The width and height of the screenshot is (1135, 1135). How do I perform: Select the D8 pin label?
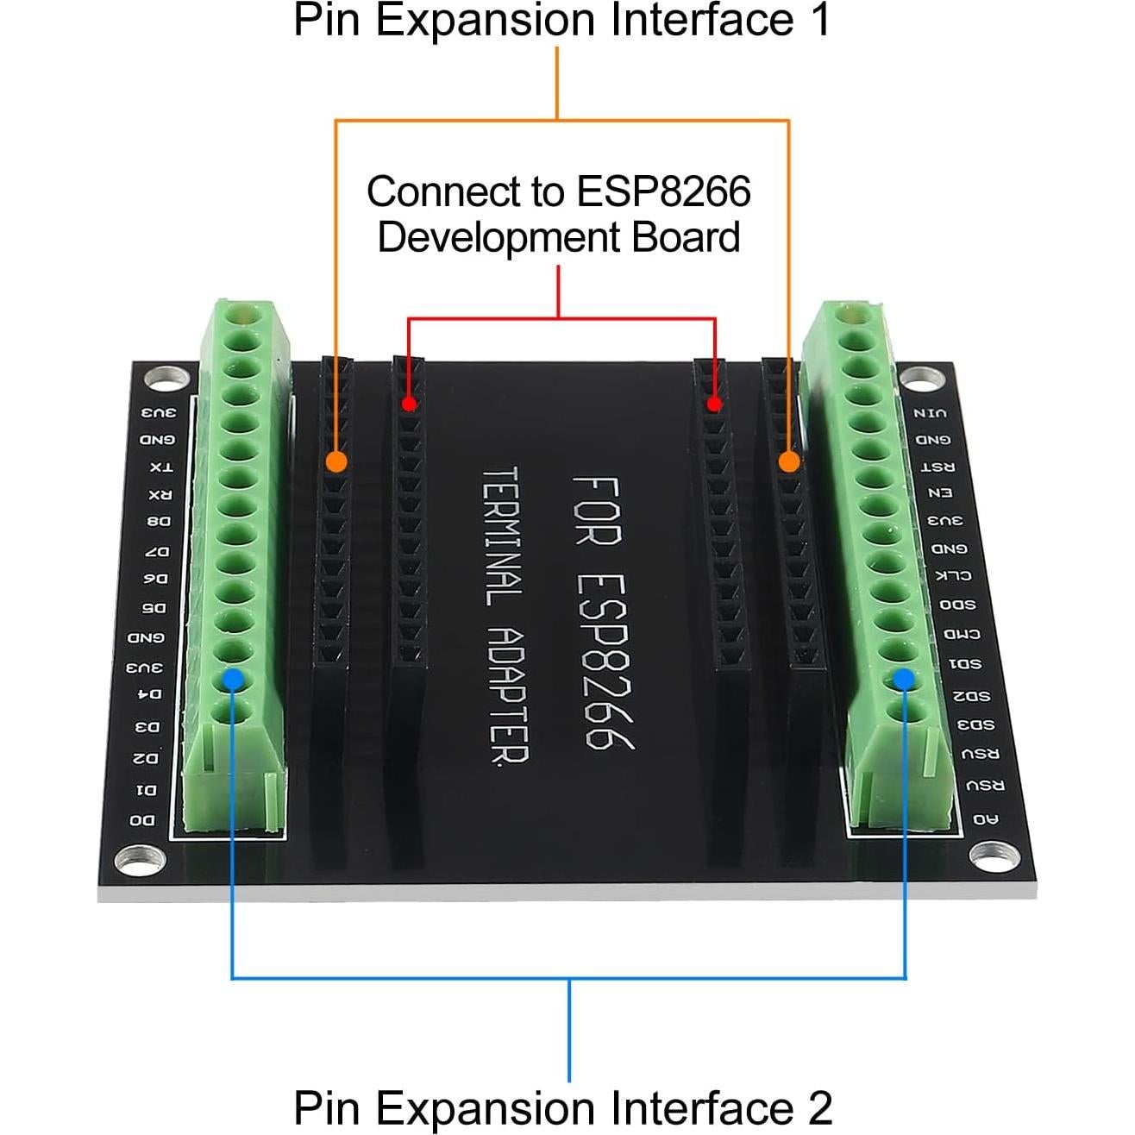pyautogui.click(x=159, y=522)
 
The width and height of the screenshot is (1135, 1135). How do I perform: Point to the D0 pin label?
pyautogui.click(x=143, y=819)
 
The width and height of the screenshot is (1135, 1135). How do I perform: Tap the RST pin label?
pyautogui.click(x=937, y=467)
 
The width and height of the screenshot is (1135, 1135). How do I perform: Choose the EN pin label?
pyautogui.click(x=939, y=493)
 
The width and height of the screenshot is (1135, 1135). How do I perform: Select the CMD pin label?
pyautogui.click(x=961, y=634)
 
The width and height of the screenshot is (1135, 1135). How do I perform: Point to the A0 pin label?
pyautogui.click(x=985, y=818)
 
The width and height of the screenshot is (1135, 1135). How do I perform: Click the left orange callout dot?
pyautogui.click(x=336, y=462)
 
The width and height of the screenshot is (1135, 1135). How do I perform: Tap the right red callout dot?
pyautogui.click(x=714, y=404)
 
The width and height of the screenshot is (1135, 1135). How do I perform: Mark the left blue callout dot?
pyautogui.click(x=232, y=680)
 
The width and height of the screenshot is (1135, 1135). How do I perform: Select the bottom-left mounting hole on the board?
pyautogui.click(x=141, y=859)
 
